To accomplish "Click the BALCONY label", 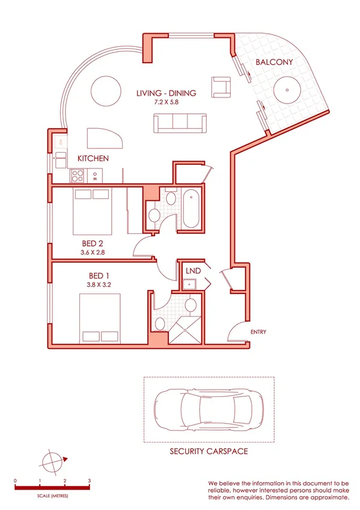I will (x=274, y=62).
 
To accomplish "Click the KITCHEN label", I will (x=93, y=159).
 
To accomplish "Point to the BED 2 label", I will (x=92, y=244).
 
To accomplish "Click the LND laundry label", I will (x=192, y=271).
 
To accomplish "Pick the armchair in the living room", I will (x=220, y=87).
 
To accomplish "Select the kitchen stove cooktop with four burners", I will (x=78, y=176).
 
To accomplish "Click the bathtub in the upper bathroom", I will (x=191, y=209).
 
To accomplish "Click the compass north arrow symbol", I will (x=53, y=462).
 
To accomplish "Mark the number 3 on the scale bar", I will (x=89, y=481).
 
